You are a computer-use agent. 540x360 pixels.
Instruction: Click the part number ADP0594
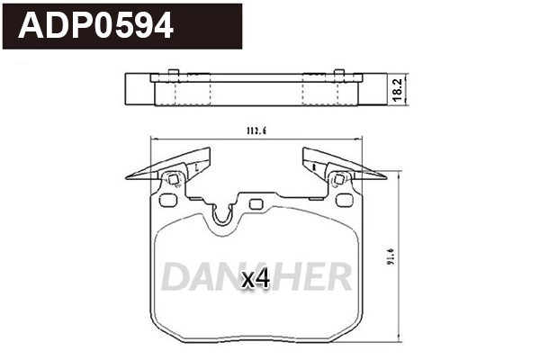97,26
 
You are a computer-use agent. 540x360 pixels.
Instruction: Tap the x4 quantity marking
256,279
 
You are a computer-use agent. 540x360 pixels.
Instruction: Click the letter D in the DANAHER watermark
176,276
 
